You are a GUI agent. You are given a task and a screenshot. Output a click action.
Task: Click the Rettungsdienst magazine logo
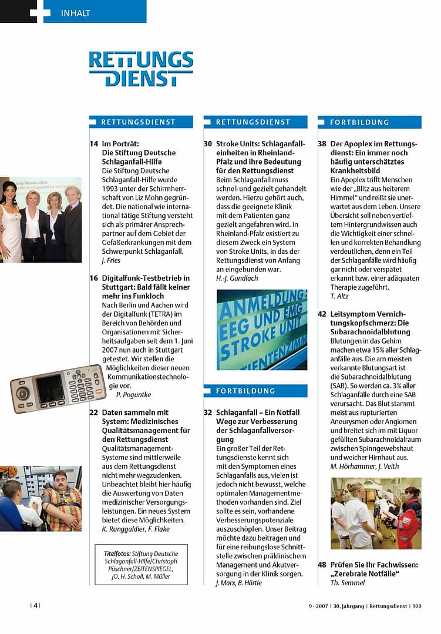[141, 69]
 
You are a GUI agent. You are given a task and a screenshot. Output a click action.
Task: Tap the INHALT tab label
[76, 13]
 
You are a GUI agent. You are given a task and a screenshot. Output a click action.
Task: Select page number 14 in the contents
[94, 144]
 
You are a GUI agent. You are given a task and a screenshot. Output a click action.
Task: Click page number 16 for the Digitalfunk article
[94, 278]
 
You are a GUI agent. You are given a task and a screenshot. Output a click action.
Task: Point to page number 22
[94, 412]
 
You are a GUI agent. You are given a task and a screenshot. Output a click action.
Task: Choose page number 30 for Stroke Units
[208, 144]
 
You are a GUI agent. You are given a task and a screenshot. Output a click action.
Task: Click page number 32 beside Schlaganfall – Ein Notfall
[208, 412]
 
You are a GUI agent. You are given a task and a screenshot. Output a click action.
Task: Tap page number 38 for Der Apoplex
[322, 144]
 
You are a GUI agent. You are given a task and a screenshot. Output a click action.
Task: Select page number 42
[322, 314]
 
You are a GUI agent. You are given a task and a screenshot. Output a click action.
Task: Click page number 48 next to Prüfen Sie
[322, 565]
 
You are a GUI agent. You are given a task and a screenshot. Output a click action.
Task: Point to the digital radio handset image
[58, 388]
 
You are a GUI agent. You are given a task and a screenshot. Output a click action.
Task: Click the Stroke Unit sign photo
[261, 329]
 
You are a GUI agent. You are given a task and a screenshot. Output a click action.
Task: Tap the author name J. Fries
[112, 260]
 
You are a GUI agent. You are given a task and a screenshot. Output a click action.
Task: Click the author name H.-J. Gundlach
[237, 278]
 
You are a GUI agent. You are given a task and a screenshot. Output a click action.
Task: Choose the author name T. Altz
[340, 296]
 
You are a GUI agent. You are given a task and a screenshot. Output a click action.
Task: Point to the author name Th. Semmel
[349, 583]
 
